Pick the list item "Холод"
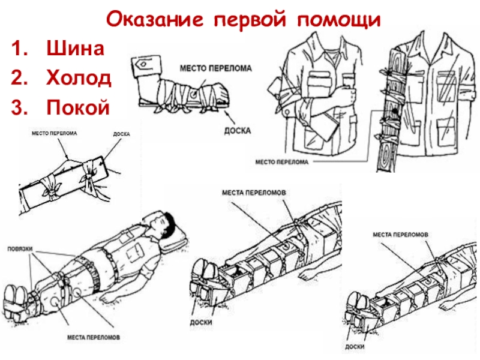click(79, 78)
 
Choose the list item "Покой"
click(79, 107)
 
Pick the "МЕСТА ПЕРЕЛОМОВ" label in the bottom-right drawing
click(400, 234)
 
